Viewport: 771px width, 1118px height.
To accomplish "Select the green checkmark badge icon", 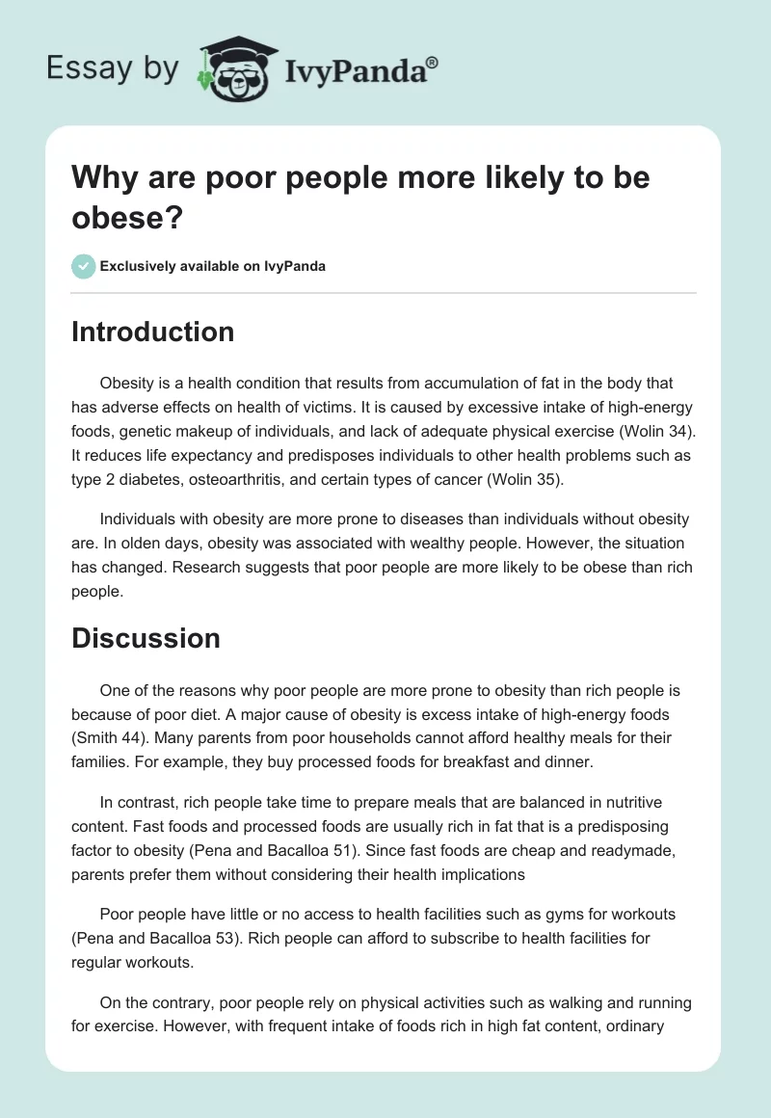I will pyautogui.click(x=84, y=266).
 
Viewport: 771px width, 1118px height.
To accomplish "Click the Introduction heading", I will pyautogui.click(x=152, y=332).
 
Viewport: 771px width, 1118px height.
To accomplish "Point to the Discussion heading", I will pyautogui.click(x=146, y=638).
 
